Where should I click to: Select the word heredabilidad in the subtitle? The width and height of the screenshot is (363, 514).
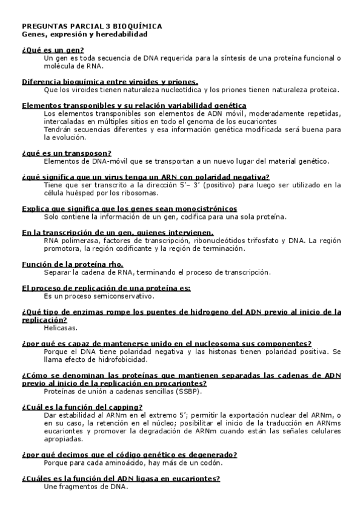[123, 35]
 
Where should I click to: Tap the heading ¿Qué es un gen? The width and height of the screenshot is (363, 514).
[53, 50]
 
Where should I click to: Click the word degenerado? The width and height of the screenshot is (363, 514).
[208, 455]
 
